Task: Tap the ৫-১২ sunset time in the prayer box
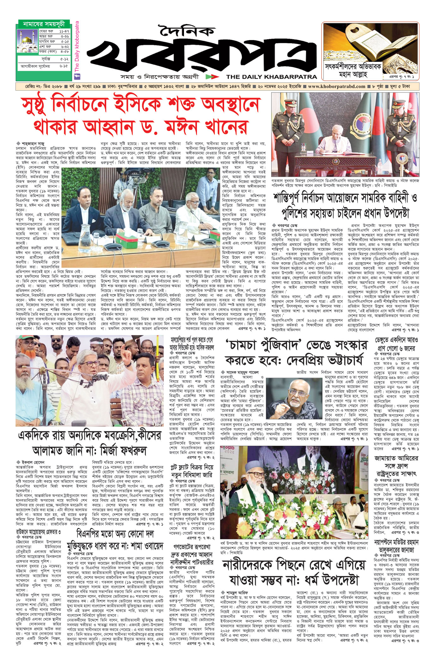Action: (x=64, y=59)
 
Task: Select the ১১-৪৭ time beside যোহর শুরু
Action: (x=64, y=32)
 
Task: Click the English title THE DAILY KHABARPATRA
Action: (x=272, y=77)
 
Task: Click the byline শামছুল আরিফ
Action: (x=237, y=592)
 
